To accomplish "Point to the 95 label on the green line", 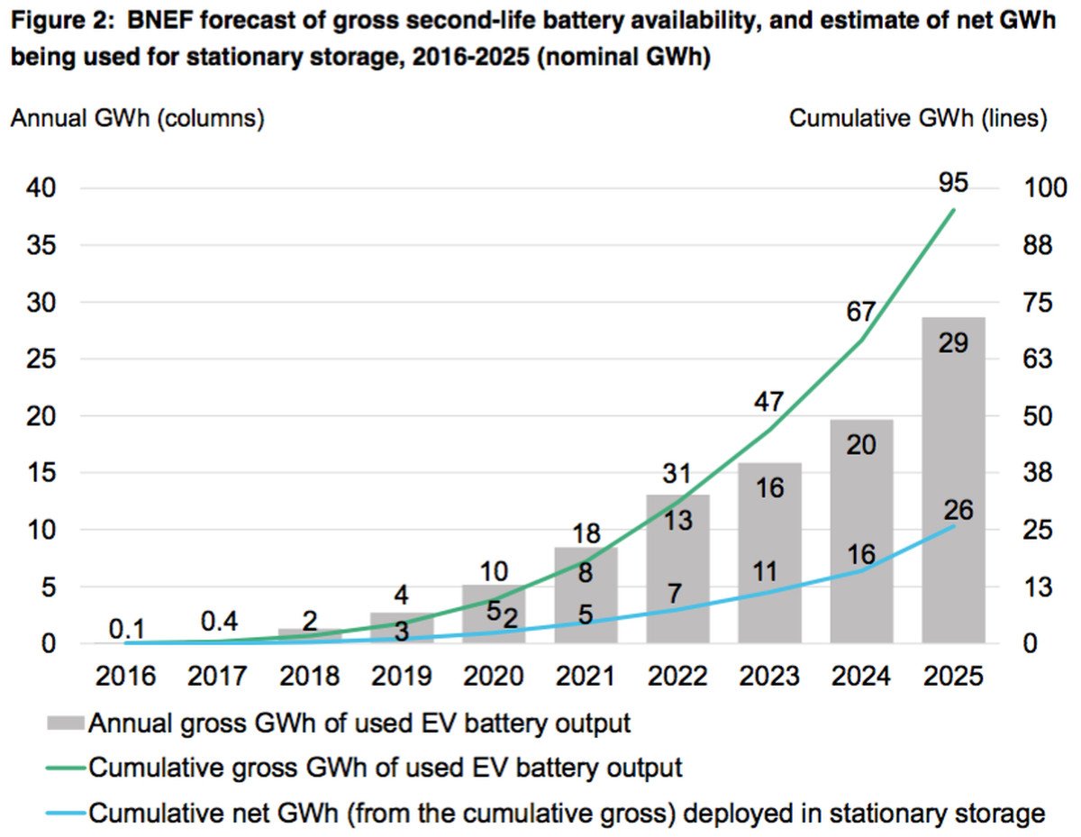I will click(952, 183).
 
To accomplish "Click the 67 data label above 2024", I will click(861, 312).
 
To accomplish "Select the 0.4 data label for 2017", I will click(218, 622).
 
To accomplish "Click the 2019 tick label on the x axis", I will click(402, 676).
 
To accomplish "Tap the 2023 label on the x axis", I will click(769, 676).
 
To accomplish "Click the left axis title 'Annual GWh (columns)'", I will click(137, 119).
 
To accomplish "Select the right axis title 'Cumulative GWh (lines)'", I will click(918, 119).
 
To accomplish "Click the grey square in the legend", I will click(68, 723).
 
